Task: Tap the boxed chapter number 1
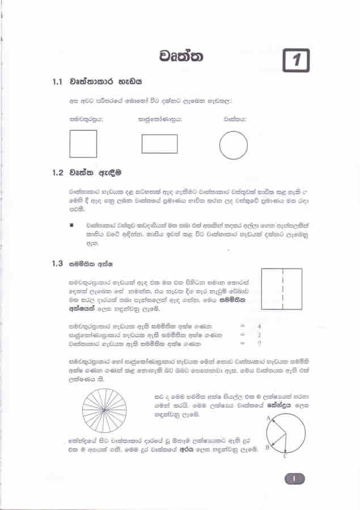(x=297, y=59)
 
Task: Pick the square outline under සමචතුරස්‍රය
(x=83, y=144)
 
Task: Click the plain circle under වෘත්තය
(x=233, y=145)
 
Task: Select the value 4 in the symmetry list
(x=259, y=326)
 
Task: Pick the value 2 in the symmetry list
(x=259, y=335)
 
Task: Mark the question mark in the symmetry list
(x=259, y=343)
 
